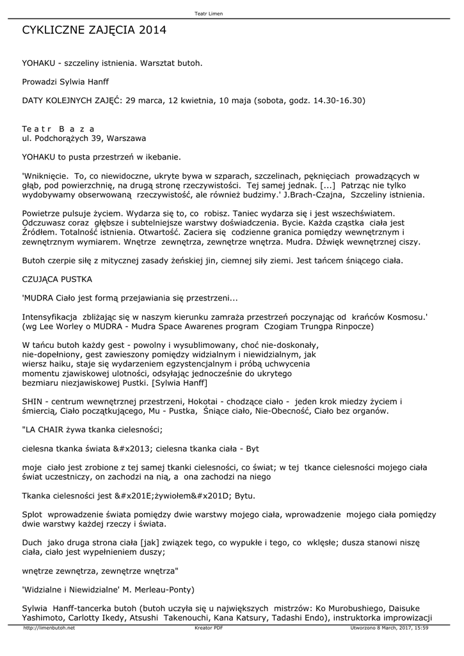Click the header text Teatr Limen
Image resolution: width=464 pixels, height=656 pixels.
pyautogui.click(x=208, y=13)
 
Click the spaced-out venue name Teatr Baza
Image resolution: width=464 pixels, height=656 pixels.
pyautogui.click(x=58, y=128)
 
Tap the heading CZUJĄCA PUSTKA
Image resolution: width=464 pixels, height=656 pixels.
pyautogui.click(x=57, y=279)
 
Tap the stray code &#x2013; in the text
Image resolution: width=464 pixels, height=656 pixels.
pyautogui.click(x=138, y=448)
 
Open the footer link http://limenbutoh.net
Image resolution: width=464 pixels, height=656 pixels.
pyautogui.click(x=49, y=628)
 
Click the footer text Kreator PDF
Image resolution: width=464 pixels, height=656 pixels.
pyautogui.click(x=208, y=628)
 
